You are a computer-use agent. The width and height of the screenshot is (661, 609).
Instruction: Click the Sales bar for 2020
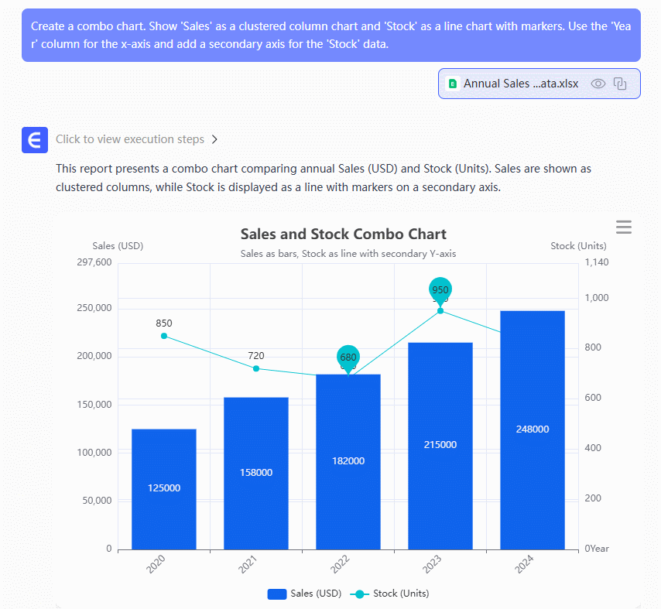163,489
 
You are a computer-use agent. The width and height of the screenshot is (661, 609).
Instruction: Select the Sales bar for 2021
255,473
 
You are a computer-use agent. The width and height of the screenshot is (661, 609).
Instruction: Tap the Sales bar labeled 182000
348,461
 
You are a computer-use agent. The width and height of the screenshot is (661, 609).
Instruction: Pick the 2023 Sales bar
440,446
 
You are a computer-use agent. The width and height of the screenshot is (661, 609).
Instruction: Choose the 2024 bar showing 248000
533,429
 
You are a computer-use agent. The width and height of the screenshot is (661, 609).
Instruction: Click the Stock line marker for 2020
163,336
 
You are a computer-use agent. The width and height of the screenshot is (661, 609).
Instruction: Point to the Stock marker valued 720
255,368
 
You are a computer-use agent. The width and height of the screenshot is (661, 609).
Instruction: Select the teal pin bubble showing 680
348,357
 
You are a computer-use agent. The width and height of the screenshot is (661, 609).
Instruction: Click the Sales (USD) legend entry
304,594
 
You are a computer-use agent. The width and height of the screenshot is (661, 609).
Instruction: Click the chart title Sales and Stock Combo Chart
343,234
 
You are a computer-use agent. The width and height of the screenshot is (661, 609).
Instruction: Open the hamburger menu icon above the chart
624,227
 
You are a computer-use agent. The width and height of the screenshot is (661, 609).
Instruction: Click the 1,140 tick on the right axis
597,262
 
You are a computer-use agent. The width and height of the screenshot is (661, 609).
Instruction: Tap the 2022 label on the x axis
341,565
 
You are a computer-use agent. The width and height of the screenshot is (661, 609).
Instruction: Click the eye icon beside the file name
598,84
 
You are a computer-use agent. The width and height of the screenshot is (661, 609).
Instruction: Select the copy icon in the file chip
620,84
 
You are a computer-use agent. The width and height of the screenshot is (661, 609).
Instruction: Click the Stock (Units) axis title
578,246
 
